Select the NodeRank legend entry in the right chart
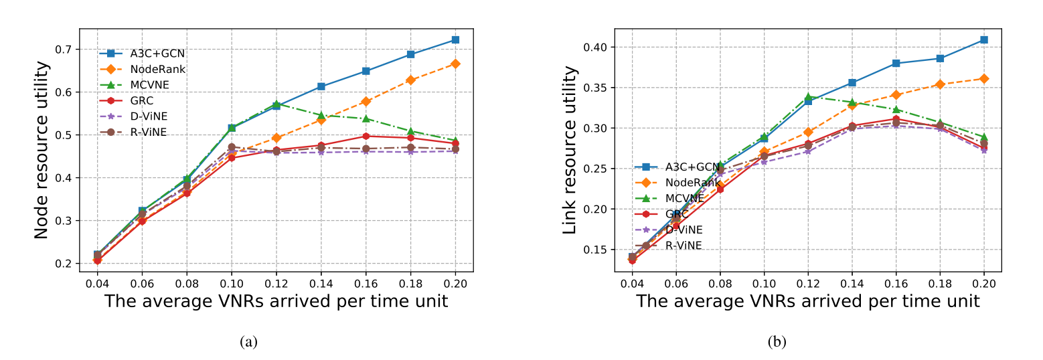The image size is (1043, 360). click(684, 182)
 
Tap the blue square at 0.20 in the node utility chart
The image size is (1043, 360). click(455, 40)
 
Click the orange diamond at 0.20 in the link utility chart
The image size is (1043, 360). click(983, 79)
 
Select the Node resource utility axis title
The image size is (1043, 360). click(42, 150)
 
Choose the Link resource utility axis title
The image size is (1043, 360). click(570, 150)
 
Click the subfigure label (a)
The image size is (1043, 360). click(248, 342)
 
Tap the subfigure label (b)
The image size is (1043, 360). click(777, 342)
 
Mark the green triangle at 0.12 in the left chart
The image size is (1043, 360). click(276, 104)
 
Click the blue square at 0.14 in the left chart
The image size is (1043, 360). click(321, 86)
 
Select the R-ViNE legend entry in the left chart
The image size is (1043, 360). click(148, 132)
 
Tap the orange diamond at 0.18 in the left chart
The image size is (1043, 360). click(410, 80)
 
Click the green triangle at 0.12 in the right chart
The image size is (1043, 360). click(808, 97)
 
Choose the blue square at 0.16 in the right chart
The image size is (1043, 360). click(896, 64)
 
